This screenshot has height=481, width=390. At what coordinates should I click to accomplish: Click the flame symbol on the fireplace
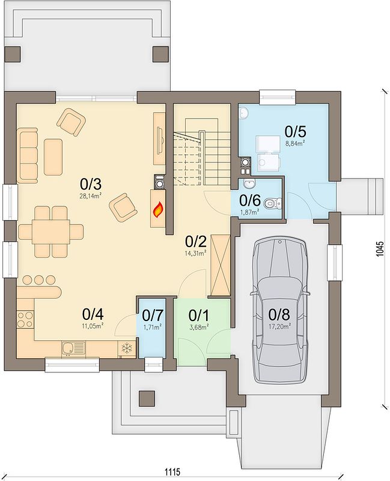pyautogui.click(x=158, y=209)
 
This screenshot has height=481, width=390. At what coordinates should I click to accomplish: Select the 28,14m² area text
pyautogui.click(x=91, y=196)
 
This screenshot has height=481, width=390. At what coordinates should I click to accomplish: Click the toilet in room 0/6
pyautogui.click(x=273, y=203)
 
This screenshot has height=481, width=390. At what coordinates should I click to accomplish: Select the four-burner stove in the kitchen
pyautogui.click(x=25, y=319)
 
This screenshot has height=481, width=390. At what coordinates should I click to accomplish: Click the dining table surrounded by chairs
pyautogui.click(x=51, y=231)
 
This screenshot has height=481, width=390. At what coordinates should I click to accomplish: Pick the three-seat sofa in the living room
pyautogui.click(x=27, y=156)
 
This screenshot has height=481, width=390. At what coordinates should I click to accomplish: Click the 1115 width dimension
pyautogui.click(x=172, y=471)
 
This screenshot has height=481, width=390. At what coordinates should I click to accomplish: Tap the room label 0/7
pyautogui.click(x=153, y=315)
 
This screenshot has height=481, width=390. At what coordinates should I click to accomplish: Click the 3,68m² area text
pyautogui.click(x=200, y=326)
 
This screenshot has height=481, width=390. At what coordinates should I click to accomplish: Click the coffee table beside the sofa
pyautogui.click(x=53, y=157)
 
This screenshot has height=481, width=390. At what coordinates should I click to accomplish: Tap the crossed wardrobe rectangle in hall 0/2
pyautogui.click(x=221, y=266)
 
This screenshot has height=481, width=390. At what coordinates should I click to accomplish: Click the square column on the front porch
pyautogui.click(x=146, y=399)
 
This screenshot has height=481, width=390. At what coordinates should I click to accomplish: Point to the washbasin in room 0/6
pyautogui.click(x=249, y=184)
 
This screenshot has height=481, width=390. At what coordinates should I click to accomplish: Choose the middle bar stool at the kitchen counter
pyautogui.click(x=39, y=280)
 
